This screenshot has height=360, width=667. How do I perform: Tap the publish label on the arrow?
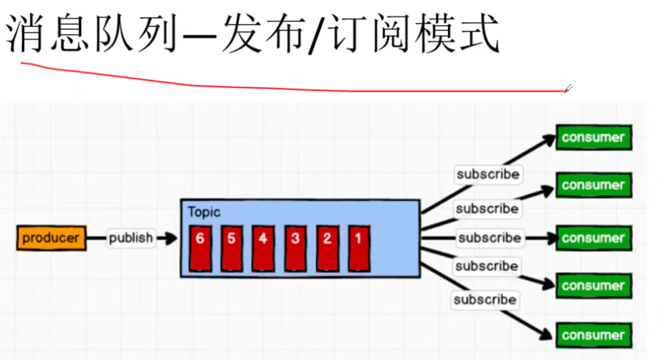131,238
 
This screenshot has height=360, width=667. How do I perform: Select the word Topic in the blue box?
204,212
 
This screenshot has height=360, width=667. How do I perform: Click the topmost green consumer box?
594,138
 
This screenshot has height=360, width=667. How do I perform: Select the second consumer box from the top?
594,185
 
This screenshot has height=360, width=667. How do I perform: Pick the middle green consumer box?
594,238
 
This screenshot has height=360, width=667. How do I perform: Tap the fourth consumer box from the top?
594,286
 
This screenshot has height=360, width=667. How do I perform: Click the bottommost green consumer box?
594,334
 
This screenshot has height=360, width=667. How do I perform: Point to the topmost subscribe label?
488,174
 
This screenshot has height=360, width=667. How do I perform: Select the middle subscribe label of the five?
489,237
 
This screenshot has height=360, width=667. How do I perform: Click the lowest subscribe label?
485,299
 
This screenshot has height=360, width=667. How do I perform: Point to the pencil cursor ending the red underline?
569,89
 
